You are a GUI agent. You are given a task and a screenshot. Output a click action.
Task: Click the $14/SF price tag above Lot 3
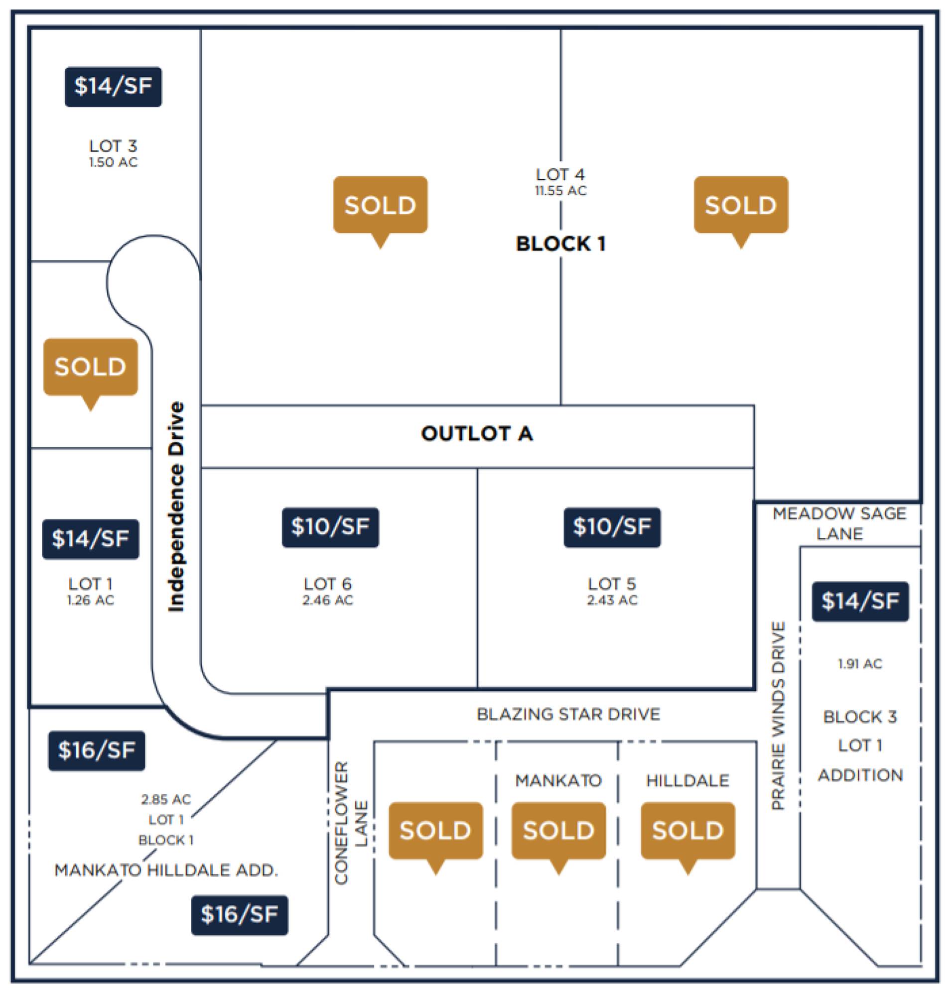113,87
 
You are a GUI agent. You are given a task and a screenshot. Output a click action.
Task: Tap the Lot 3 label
113,146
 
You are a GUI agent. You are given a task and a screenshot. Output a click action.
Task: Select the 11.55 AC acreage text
560,191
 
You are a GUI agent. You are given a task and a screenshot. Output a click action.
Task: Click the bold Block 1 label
560,244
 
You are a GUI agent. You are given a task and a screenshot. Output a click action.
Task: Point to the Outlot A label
477,434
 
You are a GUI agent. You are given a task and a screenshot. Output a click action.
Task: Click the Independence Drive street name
176,506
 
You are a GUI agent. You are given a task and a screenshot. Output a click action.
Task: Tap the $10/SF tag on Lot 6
330,527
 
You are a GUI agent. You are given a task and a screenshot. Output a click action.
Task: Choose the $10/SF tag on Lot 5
612,527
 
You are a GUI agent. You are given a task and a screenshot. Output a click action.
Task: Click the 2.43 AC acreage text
612,600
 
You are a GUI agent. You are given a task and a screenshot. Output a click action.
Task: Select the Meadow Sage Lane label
839,524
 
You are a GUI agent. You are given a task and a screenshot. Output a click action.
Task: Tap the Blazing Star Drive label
568,714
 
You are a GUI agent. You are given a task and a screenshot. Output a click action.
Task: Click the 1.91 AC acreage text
860,664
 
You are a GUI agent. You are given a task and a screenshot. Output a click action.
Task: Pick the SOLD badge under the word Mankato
558,831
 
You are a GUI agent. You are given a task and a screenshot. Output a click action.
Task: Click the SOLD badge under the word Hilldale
687,831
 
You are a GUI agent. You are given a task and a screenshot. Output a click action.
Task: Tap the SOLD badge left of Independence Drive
90,367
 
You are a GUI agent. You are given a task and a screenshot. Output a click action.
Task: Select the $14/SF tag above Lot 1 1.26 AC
90,539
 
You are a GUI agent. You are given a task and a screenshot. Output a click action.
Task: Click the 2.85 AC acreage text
165,800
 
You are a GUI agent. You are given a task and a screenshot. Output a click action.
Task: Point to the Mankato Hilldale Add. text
166,870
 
